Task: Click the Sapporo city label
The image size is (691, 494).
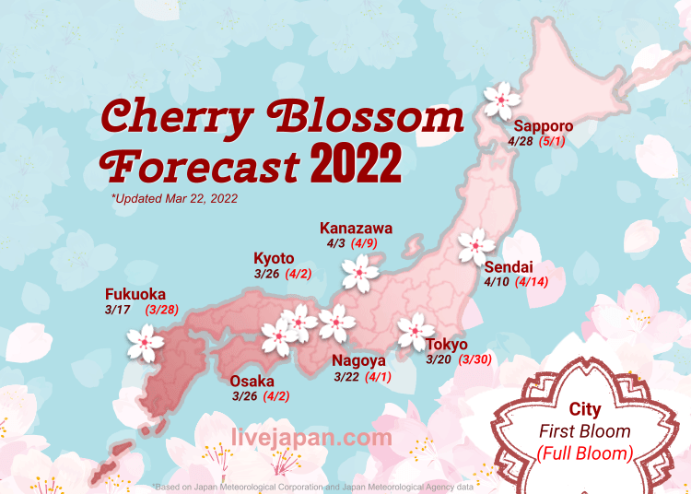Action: (544, 126)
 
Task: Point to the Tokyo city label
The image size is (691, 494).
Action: (446, 345)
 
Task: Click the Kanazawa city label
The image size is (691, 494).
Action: (356, 229)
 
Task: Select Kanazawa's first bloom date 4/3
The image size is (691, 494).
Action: (334, 244)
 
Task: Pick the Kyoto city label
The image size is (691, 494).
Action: (274, 258)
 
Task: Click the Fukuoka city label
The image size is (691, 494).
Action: (137, 295)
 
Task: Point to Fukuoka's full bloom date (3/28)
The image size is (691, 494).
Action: (162, 310)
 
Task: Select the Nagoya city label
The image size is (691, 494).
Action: (358, 360)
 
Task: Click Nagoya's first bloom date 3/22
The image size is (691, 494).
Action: (345, 376)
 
